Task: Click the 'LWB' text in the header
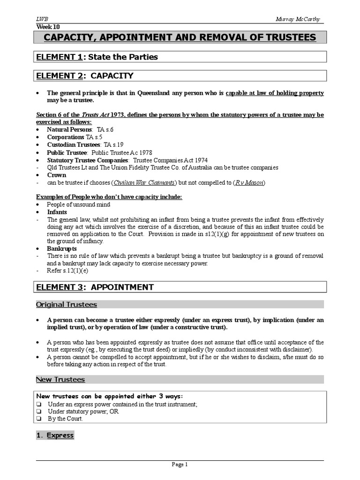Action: pyautogui.click(x=42, y=19)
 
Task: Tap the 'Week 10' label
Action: pyautogui.click(x=48, y=27)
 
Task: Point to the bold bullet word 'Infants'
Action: pyautogui.click(x=57, y=212)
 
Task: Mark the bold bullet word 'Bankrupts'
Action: pyautogui.click(x=61, y=248)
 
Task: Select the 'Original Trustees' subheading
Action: pyautogui.click(x=67, y=305)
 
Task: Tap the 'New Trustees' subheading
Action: pyautogui.click(x=60, y=379)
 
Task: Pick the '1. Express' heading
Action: pyautogui.click(x=55, y=435)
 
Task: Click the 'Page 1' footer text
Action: pyautogui.click(x=180, y=465)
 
